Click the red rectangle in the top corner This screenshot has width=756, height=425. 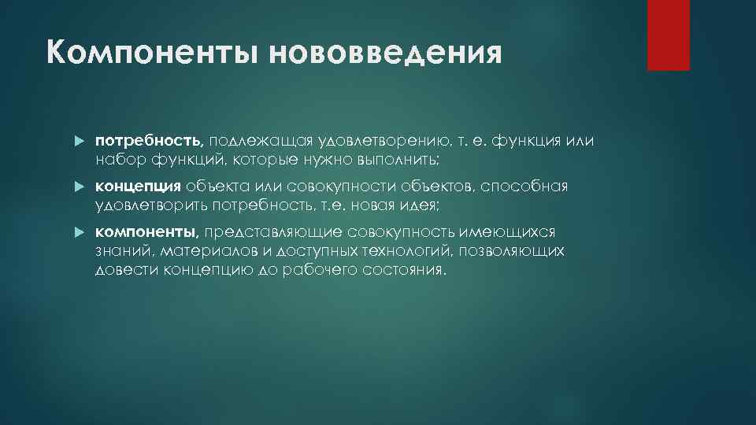pos(668,35)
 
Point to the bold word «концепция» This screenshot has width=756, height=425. pos(139,187)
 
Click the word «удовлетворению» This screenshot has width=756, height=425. pos(365,140)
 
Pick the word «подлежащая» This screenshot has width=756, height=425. pos(252,140)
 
